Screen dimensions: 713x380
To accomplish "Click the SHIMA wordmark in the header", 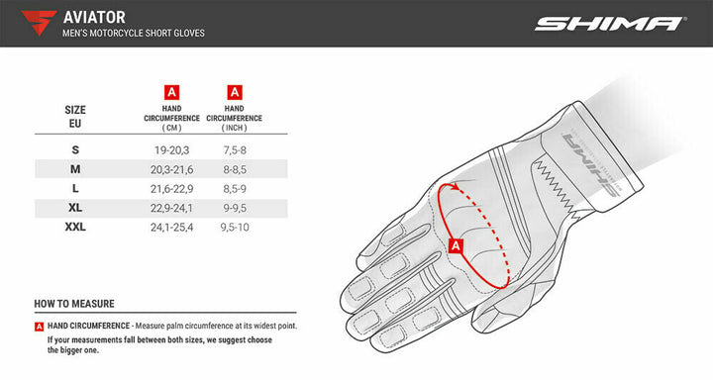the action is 610,24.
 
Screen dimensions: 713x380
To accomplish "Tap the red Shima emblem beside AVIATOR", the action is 39,23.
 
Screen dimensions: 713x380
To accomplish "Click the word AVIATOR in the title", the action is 94,17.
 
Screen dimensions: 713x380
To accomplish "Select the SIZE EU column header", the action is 75,117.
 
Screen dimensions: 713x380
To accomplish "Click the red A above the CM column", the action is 171,92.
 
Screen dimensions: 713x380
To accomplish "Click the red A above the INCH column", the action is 234,92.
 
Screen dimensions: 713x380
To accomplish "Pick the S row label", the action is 75,149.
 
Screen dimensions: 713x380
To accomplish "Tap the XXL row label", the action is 75,227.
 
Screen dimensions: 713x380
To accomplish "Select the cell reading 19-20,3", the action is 171,150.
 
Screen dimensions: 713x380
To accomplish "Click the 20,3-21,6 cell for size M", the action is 171,169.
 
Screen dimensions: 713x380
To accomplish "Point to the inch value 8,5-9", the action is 234,189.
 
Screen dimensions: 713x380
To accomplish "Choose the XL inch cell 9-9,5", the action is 234,208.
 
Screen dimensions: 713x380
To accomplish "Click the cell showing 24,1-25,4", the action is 171,228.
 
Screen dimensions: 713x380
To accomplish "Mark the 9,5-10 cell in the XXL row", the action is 234,228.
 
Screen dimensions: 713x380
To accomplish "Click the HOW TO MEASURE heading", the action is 74,304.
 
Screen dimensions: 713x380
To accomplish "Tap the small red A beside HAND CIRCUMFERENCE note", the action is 39,327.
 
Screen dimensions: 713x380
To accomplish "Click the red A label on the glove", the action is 456,245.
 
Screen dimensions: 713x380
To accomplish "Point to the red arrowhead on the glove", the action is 455,186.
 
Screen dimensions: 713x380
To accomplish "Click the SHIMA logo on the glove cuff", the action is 590,162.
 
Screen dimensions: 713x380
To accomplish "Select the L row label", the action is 75,188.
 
